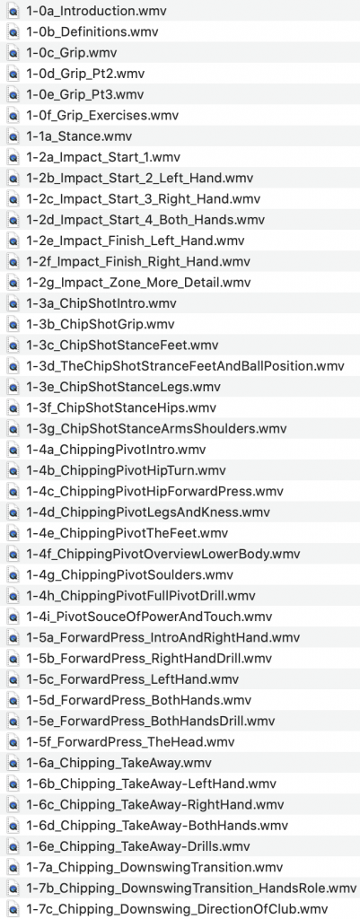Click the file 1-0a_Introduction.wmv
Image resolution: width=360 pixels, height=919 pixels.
tap(80, 11)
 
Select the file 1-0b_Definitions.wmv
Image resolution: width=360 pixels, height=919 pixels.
tap(92, 31)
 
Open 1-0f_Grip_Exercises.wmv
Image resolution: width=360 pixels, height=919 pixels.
tap(102, 116)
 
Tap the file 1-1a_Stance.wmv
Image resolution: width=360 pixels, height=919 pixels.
tap(79, 136)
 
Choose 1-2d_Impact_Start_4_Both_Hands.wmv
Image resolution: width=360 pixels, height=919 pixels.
tap(145, 220)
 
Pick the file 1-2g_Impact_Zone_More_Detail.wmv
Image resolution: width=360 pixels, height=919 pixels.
tap(138, 283)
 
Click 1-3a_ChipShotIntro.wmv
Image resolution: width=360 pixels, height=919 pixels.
tap(101, 303)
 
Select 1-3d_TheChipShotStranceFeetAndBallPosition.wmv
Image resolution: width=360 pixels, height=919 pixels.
tap(185, 366)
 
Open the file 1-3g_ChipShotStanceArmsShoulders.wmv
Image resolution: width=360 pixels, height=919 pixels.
tap(156, 428)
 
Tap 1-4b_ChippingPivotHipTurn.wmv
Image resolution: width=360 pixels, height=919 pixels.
tap(126, 470)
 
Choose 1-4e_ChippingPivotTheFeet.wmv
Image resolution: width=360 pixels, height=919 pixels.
tap(127, 533)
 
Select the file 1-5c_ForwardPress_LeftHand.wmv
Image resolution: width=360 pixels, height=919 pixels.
tap(133, 679)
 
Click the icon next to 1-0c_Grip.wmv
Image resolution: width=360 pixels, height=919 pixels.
tap(13, 53)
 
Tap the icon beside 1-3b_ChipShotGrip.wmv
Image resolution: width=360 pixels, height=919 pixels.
tap(13, 325)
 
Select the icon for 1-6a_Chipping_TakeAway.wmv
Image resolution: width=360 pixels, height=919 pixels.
tap(13, 763)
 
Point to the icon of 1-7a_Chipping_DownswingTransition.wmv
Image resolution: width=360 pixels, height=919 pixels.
tap(13, 868)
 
